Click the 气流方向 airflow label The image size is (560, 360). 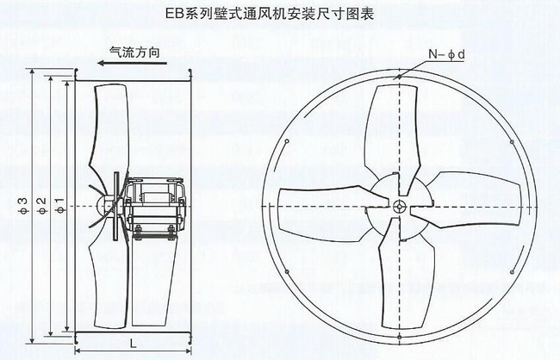point(134,53)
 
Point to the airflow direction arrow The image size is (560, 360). point(133,64)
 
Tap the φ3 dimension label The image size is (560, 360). point(23,206)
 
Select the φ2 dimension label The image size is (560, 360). point(42,206)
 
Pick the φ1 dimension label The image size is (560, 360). point(59,206)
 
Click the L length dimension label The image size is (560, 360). point(133,344)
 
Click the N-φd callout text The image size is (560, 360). point(447,54)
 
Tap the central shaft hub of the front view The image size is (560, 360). point(399,207)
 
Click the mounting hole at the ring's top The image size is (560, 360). point(399,76)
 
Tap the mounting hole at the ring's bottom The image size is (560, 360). point(399,337)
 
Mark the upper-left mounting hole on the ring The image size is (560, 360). point(286,141)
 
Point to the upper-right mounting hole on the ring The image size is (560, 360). point(512,142)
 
